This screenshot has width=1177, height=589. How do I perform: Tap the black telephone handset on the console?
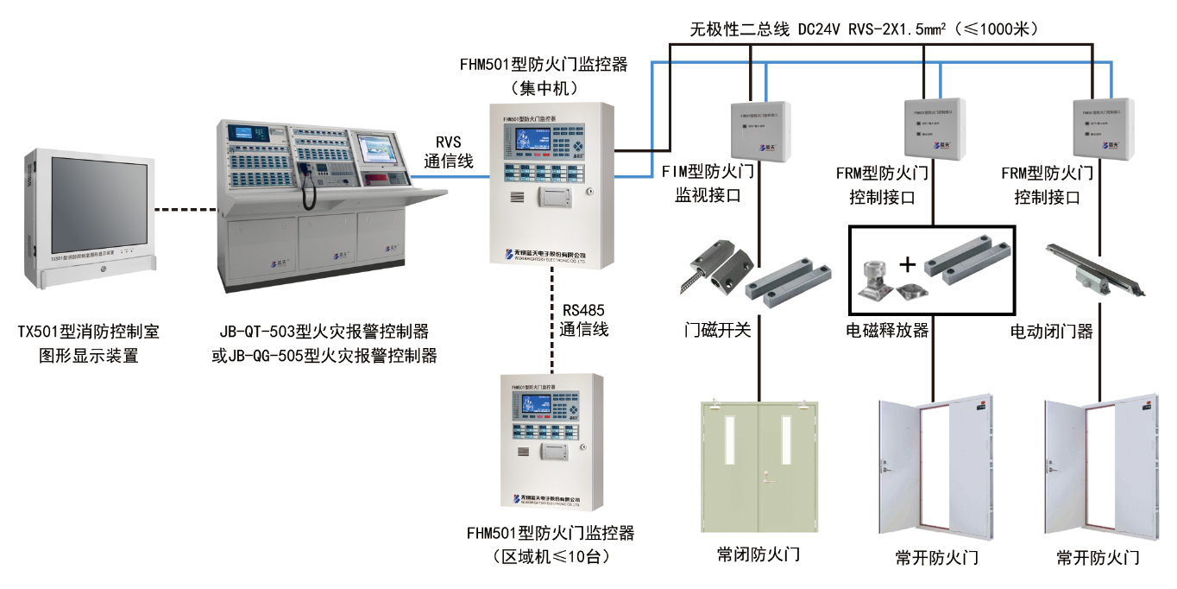[x=307, y=185]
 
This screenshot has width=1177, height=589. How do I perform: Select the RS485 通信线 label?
[x=584, y=320]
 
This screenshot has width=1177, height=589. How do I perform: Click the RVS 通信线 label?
[x=449, y=151]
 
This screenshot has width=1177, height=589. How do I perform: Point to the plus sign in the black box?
[x=907, y=264]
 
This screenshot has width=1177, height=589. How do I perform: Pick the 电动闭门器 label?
[x=1052, y=331]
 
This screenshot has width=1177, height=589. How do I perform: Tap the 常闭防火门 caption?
[x=758, y=554]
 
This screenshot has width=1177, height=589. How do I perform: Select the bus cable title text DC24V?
[x=826, y=29]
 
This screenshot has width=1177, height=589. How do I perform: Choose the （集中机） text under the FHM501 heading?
[x=544, y=87]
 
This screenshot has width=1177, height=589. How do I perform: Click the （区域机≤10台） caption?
[x=550, y=557]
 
